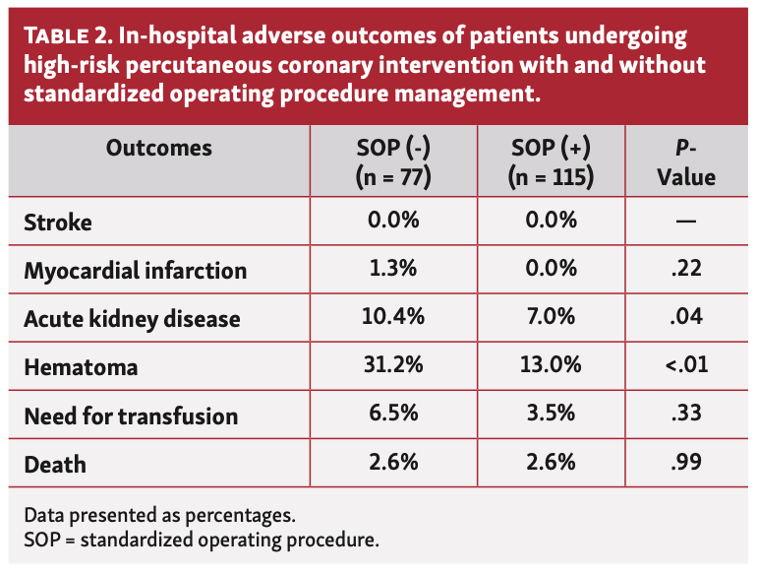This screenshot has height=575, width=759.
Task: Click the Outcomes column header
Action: pyautogui.click(x=158, y=149)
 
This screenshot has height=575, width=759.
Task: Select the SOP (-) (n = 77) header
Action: pyautogui.click(x=393, y=162)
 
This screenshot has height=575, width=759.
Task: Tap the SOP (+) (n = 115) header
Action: pyautogui.click(x=551, y=162)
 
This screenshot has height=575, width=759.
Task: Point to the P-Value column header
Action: pyautogui.click(x=686, y=162)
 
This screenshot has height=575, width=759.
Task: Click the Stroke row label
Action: pyautogui.click(x=58, y=222)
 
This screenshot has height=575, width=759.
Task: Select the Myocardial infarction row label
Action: pyautogui.click(x=136, y=270)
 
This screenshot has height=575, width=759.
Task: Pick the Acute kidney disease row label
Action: pyautogui.click(x=132, y=319)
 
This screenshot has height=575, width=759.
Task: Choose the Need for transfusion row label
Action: pyautogui.click(x=131, y=416)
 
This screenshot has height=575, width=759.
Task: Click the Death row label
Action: pyautogui.click(x=55, y=464)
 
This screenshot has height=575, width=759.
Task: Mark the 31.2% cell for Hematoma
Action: pyautogui.click(x=393, y=366)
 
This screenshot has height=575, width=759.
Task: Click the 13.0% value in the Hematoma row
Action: pyautogui.click(x=551, y=366)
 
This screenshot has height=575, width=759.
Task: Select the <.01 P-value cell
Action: pyautogui.click(x=686, y=366)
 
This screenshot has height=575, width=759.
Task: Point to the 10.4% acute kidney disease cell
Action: pyautogui.click(x=393, y=317)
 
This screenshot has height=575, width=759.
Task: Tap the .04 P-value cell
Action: pyautogui.click(x=686, y=317)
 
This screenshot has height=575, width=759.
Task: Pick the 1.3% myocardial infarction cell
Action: pyautogui.click(x=393, y=269)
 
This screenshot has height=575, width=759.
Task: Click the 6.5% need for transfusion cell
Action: pyautogui.click(x=393, y=415)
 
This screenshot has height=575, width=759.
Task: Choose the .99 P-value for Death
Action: pyautogui.click(x=686, y=463)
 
